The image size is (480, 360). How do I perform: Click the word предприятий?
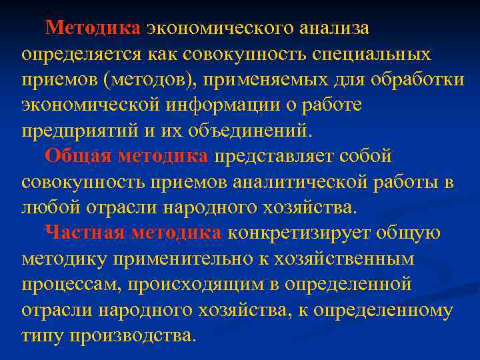tap(80, 131)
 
